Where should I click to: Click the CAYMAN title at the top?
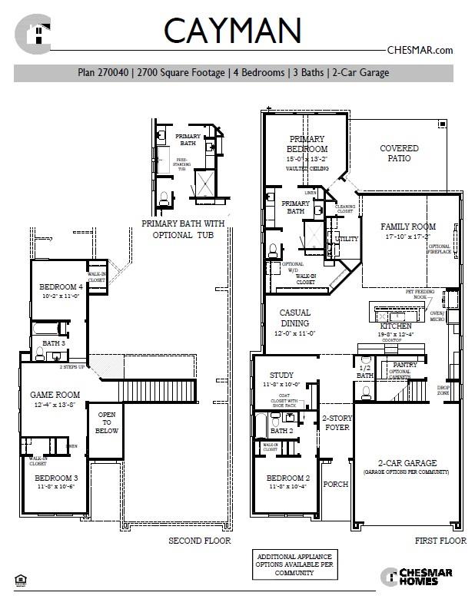tap(231, 31)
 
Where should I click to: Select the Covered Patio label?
tap(399, 153)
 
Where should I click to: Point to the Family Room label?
tap(408, 227)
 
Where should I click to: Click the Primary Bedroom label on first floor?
tap(307, 144)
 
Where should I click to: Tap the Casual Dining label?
tap(294, 318)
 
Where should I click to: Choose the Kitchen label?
tap(396, 326)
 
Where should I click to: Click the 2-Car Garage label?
tap(407, 463)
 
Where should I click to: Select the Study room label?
tap(282, 376)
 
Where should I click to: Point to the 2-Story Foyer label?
tap(336, 423)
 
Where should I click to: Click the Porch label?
tap(336, 484)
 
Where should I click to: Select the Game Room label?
tap(55, 395)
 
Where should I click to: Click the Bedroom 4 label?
tap(61, 287)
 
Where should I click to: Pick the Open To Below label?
tap(107, 423)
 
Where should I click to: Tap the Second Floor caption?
tap(199, 541)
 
